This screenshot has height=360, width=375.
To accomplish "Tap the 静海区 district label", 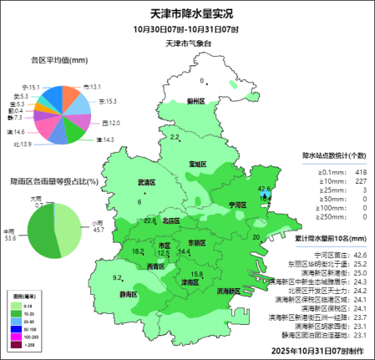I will (x=128, y=295).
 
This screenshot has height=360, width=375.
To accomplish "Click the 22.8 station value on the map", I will (x=150, y=221).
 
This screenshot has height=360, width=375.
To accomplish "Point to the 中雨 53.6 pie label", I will (x=10, y=235).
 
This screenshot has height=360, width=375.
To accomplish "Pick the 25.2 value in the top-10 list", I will (x=360, y=263).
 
